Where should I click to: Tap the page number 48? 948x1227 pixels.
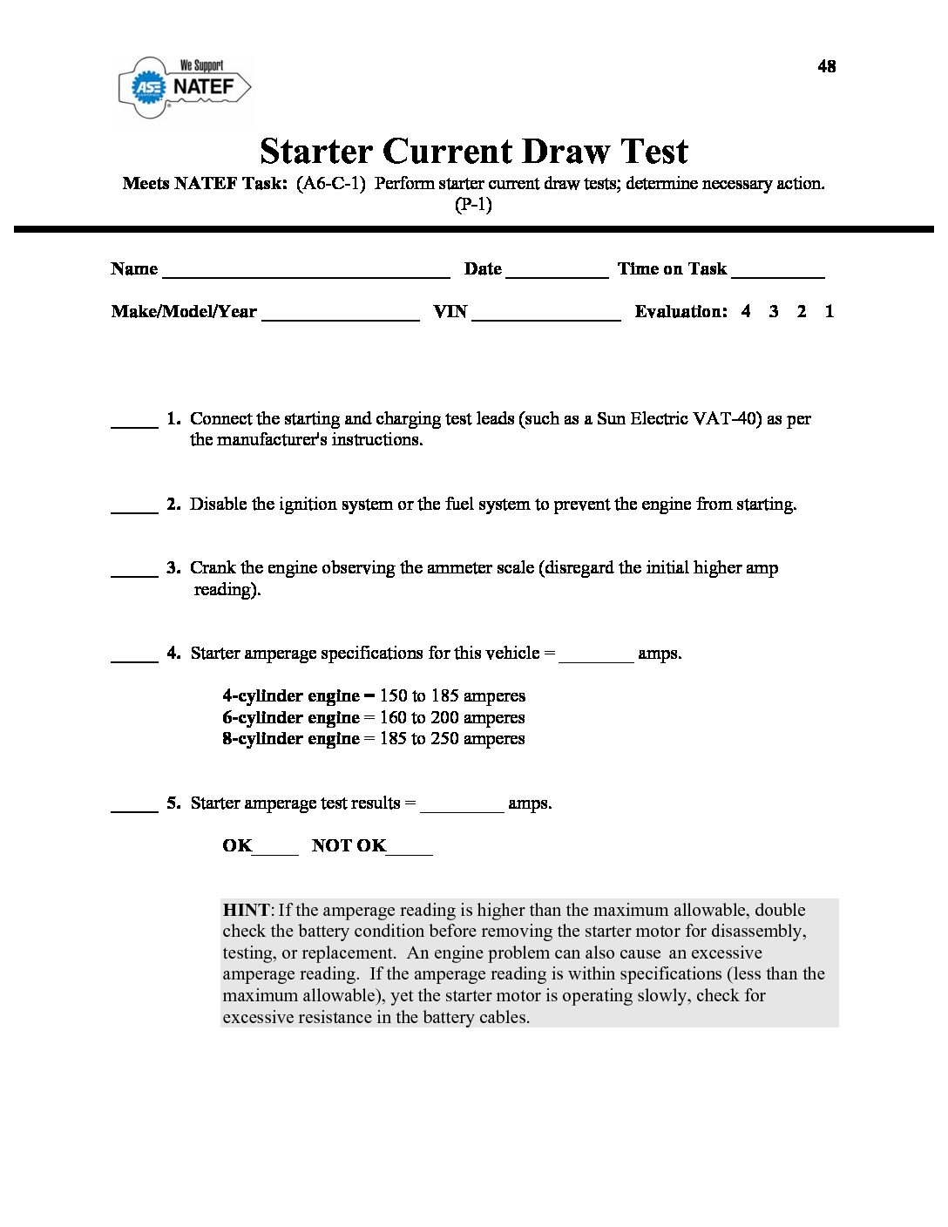pos(826,66)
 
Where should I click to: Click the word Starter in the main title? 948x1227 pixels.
pos(316,152)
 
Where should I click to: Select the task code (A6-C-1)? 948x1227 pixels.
pos(330,184)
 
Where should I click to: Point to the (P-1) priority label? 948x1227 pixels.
pos(473,205)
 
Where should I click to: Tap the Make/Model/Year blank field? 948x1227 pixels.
pos(340,315)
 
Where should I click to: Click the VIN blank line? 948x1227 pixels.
pos(545,315)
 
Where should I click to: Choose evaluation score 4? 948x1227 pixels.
pos(746,311)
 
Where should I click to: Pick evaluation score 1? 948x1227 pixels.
pos(829,311)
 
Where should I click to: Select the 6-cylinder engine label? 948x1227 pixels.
pos(290,718)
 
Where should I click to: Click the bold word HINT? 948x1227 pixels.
pos(246,910)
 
